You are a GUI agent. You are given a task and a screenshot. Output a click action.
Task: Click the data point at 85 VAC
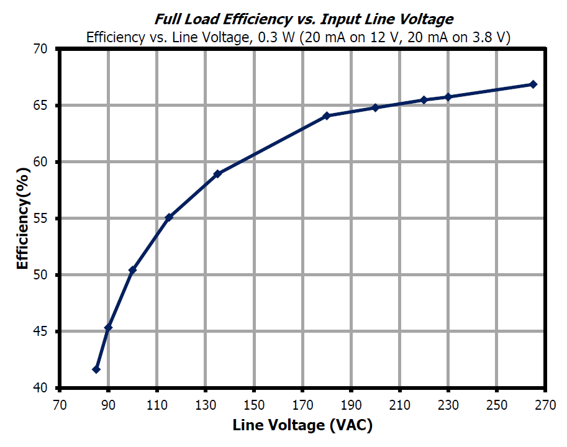click(96, 369)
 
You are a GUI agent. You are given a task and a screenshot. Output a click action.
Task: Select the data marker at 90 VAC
click(108, 328)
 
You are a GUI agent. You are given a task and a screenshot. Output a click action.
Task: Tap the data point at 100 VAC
click(132, 270)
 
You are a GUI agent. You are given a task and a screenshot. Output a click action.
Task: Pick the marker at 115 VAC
click(169, 217)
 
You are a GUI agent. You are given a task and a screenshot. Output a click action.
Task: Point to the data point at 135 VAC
click(217, 174)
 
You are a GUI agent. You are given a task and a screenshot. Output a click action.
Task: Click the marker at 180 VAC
click(327, 115)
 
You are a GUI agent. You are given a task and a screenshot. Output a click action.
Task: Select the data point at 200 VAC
click(375, 107)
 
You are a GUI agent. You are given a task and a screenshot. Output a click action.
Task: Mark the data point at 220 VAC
click(424, 100)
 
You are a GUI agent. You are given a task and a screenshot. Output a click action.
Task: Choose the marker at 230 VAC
click(448, 97)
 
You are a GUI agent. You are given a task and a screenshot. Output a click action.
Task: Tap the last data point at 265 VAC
click(533, 84)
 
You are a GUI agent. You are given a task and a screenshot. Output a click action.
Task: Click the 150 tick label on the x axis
click(253, 404)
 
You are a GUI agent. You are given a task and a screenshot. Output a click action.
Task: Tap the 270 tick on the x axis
click(545, 404)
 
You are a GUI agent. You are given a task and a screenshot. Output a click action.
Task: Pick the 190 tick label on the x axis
click(351, 404)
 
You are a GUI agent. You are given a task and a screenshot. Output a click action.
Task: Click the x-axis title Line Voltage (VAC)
click(302, 426)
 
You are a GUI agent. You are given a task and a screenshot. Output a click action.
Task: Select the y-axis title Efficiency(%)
click(22, 219)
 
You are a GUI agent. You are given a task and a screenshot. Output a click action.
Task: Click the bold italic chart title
click(304, 20)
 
